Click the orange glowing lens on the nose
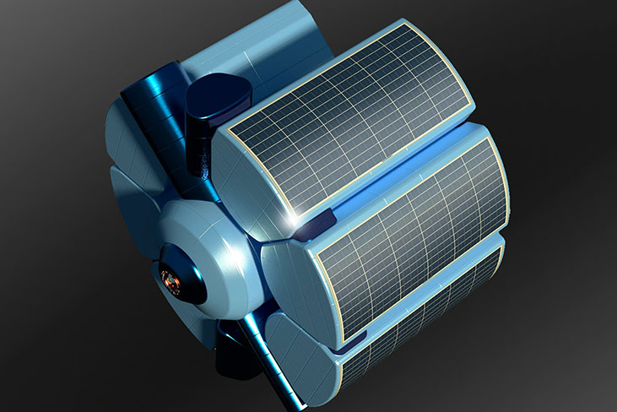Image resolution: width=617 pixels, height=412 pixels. (x=172, y=281)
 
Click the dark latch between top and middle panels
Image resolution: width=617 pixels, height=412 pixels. (x=322, y=221)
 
